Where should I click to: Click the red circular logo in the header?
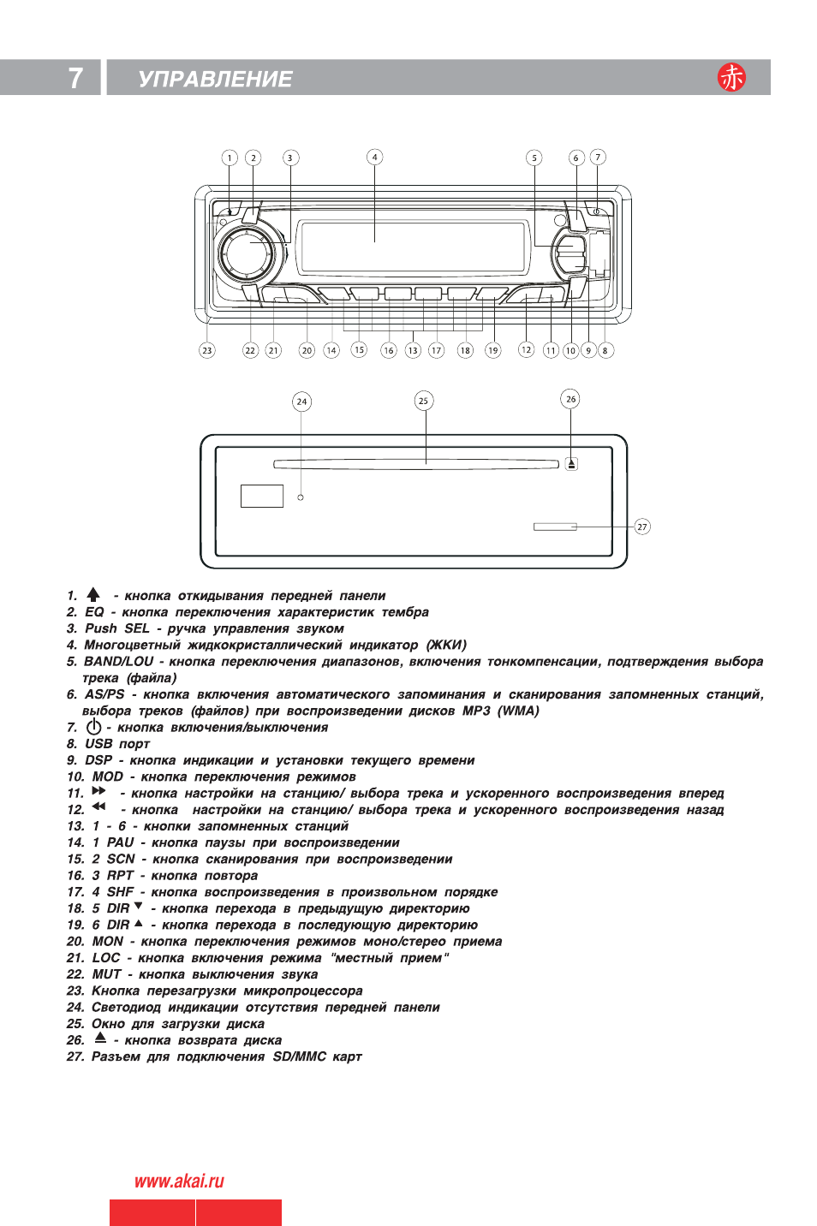point(731,77)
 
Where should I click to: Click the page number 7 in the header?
point(75,78)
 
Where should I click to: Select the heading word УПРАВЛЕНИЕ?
point(215,79)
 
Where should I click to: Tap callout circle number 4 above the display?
point(374,157)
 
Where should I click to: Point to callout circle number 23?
point(207,350)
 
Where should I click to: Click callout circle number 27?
point(642,527)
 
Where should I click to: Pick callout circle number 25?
point(423,401)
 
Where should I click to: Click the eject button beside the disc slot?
point(571,464)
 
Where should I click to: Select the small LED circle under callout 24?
point(301,497)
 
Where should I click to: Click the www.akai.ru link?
point(179,1181)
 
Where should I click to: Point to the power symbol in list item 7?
point(93,727)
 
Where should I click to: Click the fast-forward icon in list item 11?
point(98,791)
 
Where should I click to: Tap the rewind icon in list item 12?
point(98,806)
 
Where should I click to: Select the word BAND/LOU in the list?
point(118,662)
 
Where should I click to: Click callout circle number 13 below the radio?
point(413,350)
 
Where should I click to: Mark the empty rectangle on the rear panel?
point(262,496)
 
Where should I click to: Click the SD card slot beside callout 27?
point(555,527)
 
